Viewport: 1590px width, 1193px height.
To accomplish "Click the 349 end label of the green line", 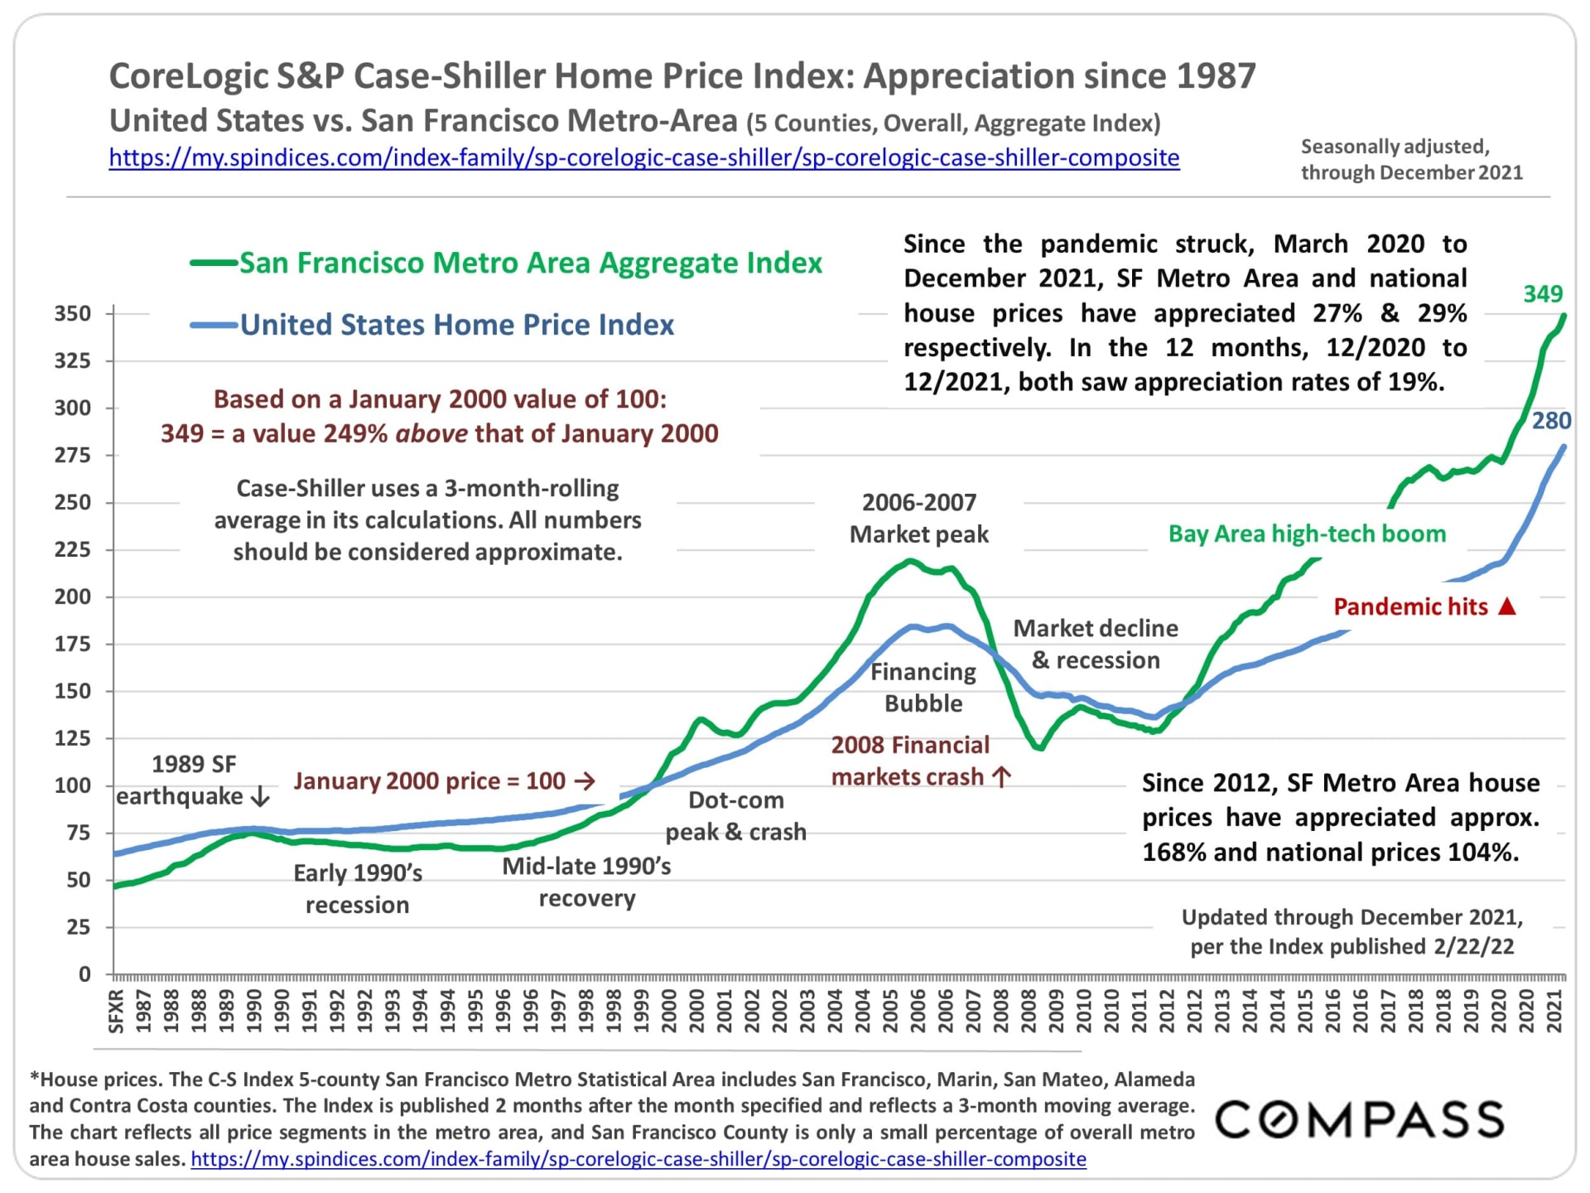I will click(x=1543, y=294).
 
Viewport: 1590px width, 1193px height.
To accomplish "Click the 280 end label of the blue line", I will click(x=1551, y=421).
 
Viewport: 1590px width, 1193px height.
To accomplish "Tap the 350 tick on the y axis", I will click(x=73, y=314).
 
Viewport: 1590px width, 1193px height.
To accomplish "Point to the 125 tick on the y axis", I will click(x=73, y=738).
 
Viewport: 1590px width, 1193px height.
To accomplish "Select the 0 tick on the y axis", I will click(x=84, y=974).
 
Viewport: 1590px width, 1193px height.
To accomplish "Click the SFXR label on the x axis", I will click(x=117, y=1011).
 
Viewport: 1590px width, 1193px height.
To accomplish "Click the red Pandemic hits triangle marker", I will click(x=1507, y=606).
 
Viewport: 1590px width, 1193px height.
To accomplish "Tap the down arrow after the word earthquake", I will click(x=260, y=797).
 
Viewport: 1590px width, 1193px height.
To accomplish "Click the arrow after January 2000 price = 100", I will click(x=585, y=781).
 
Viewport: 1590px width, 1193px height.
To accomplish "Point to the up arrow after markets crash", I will click(x=1002, y=777).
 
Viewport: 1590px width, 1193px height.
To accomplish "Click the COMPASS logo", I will click(x=1359, y=1119).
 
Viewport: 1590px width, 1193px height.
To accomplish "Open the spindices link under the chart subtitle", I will click(x=643, y=157).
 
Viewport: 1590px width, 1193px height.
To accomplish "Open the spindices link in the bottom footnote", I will click(x=638, y=1159).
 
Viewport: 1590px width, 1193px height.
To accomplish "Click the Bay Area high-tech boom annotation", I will click(x=1307, y=534).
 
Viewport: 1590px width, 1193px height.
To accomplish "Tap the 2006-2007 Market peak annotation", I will click(x=919, y=518).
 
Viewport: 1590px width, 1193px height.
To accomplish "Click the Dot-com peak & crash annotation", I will click(x=735, y=816).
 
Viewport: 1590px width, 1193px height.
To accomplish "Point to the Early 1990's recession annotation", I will click(x=358, y=889).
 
